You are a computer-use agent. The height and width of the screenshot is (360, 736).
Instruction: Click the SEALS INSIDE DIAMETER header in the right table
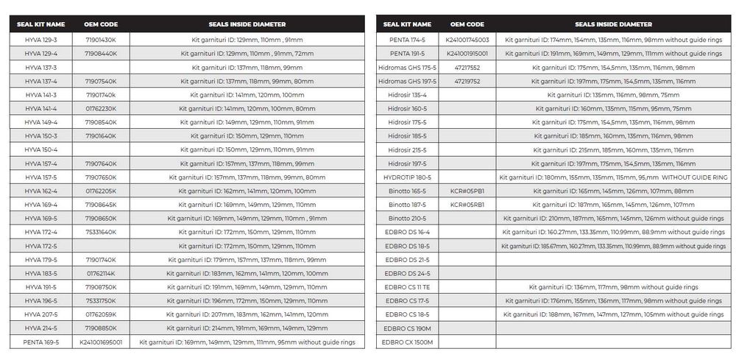pyautogui.click(x=615, y=24)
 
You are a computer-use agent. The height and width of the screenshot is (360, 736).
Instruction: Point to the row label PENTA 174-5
pyautogui.click(x=408, y=40)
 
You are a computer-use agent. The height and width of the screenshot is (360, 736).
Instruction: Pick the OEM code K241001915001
pyautogui.click(x=467, y=54)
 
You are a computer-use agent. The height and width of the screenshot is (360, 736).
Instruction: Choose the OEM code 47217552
pyautogui.click(x=467, y=67)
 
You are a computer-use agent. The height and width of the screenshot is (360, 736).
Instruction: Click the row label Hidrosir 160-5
pyautogui.click(x=408, y=108)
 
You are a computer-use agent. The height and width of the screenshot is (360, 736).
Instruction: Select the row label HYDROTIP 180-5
pyautogui.click(x=408, y=177)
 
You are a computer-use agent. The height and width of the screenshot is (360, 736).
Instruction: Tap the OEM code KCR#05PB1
pyautogui.click(x=467, y=191)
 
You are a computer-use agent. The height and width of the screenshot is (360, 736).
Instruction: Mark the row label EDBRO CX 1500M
pyautogui.click(x=408, y=342)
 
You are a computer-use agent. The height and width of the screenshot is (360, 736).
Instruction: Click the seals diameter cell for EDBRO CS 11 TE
pyautogui.click(x=615, y=287)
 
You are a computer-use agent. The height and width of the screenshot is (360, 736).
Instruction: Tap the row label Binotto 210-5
pyautogui.click(x=408, y=219)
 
